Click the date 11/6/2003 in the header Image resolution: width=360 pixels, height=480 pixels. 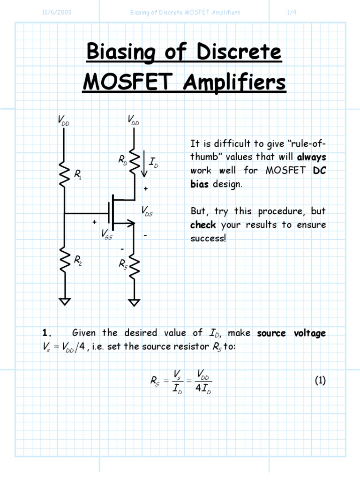pos(57,12)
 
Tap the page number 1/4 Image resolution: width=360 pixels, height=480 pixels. pos(291,12)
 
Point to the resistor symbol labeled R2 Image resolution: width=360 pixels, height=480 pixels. pos(65,260)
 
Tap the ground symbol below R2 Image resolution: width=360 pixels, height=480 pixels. pos(65,300)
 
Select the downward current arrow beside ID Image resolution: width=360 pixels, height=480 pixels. pos(144,166)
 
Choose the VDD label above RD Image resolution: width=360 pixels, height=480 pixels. pos(134,120)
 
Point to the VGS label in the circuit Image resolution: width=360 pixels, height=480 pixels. pos(107,235)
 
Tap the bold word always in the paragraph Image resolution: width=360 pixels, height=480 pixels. pos(311,157)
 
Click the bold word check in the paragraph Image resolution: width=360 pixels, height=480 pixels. pos(203,225)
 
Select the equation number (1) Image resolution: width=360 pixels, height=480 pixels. pos(320,381)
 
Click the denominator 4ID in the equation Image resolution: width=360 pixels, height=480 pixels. pos(202,389)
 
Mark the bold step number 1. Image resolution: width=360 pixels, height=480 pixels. pos(45,333)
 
